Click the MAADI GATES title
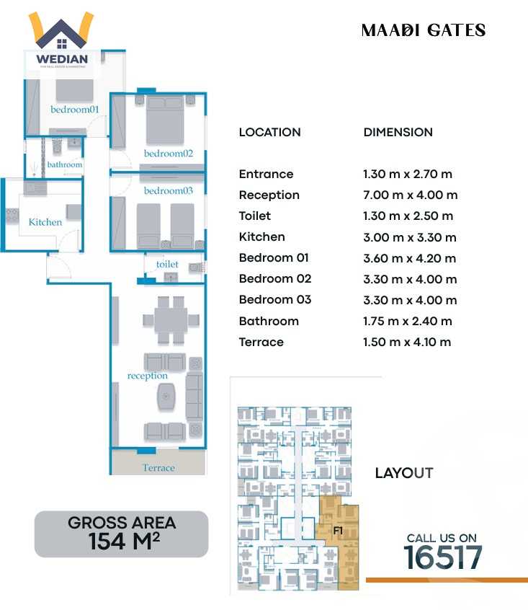click(x=423, y=30)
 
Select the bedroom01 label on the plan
click(x=74, y=110)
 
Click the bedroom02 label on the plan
click(x=169, y=154)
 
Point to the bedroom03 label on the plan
click(x=169, y=191)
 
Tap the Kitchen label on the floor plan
click(x=45, y=222)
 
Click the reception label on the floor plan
click(x=147, y=376)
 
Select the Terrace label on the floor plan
click(x=158, y=468)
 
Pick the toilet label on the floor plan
click(x=167, y=265)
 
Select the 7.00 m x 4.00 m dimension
click(x=410, y=195)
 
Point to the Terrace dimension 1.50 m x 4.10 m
click(x=407, y=342)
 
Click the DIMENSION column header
click(x=398, y=133)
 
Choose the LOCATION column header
click(x=269, y=133)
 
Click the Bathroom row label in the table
click(x=268, y=321)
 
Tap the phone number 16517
click(x=442, y=557)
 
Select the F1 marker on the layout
click(x=337, y=531)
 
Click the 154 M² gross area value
click(x=122, y=542)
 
